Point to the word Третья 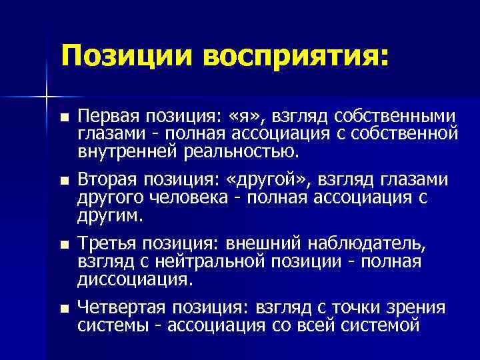tap(107, 243)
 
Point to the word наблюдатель tap(370, 243)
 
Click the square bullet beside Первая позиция tap(63, 117)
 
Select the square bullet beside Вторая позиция tap(63, 181)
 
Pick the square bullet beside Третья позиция tap(63, 245)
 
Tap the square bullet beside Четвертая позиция tap(63, 308)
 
